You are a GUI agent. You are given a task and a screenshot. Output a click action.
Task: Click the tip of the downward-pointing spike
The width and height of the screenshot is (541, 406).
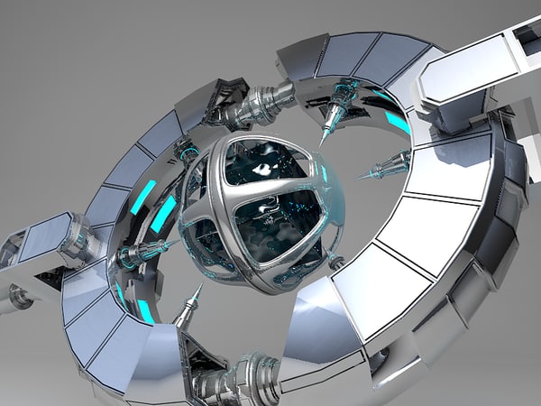(x=322, y=142)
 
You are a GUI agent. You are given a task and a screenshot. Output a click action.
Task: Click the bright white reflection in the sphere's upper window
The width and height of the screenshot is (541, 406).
(x=262, y=168)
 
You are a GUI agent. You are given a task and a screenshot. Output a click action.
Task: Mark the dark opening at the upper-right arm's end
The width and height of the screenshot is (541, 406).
(x=526, y=36)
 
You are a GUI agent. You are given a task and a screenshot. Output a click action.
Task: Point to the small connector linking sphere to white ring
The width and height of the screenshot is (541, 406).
(x=337, y=263)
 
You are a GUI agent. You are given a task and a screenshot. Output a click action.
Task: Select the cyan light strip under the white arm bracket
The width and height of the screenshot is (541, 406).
(x=397, y=122)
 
